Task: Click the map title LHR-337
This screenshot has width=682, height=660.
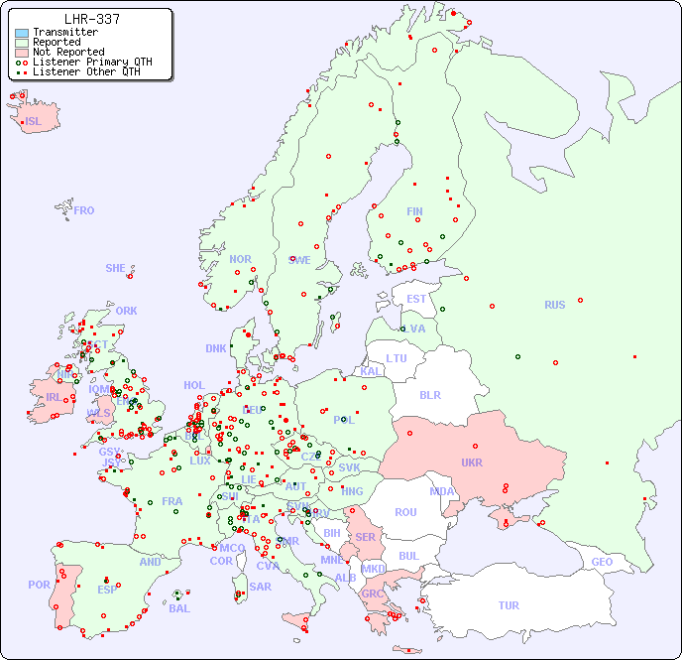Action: [x=91, y=19]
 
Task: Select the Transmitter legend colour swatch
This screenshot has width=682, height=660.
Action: [x=21, y=33]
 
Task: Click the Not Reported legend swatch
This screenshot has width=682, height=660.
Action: [x=21, y=53]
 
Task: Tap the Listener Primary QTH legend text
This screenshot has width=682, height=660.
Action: [x=92, y=62]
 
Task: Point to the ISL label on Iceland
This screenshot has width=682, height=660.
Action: [x=34, y=122]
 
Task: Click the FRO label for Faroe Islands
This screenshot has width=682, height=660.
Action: [x=84, y=210]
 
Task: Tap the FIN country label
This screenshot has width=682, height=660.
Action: [x=414, y=211]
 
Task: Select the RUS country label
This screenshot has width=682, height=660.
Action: [x=554, y=305]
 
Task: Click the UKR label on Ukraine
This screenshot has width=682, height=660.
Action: [x=471, y=462]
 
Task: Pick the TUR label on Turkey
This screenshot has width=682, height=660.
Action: [x=509, y=605]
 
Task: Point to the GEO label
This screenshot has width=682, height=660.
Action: [x=602, y=562]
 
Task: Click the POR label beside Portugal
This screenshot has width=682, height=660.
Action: [x=39, y=585]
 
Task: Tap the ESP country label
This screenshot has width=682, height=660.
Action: [x=107, y=590]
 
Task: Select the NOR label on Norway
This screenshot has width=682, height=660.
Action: [x=240, y=259]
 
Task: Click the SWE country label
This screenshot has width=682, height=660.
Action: [x=299, y=260]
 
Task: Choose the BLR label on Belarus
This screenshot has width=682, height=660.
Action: [x=430, y=394]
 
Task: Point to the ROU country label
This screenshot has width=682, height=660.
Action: [x=405, y=512]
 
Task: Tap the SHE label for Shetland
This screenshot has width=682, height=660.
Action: [x=116, y=268]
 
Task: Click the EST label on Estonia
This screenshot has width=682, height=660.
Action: [x=416, y=299]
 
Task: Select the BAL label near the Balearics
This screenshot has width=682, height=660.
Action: [x=178, y=608]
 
